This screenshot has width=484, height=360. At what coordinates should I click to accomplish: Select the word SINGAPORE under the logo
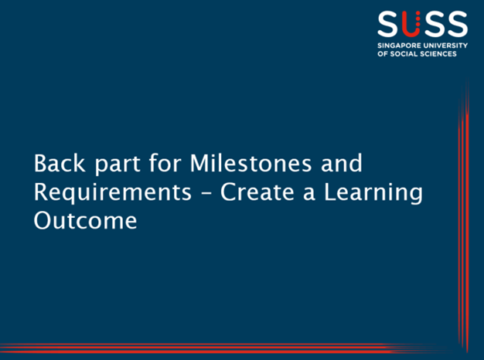(x=400, y=46)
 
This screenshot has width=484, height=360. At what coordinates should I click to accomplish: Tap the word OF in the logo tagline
(x=383, y=55)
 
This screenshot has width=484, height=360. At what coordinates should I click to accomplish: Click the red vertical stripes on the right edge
(x=464, y=216)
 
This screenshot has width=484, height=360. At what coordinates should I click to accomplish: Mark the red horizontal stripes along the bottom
(x=232, y=347)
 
